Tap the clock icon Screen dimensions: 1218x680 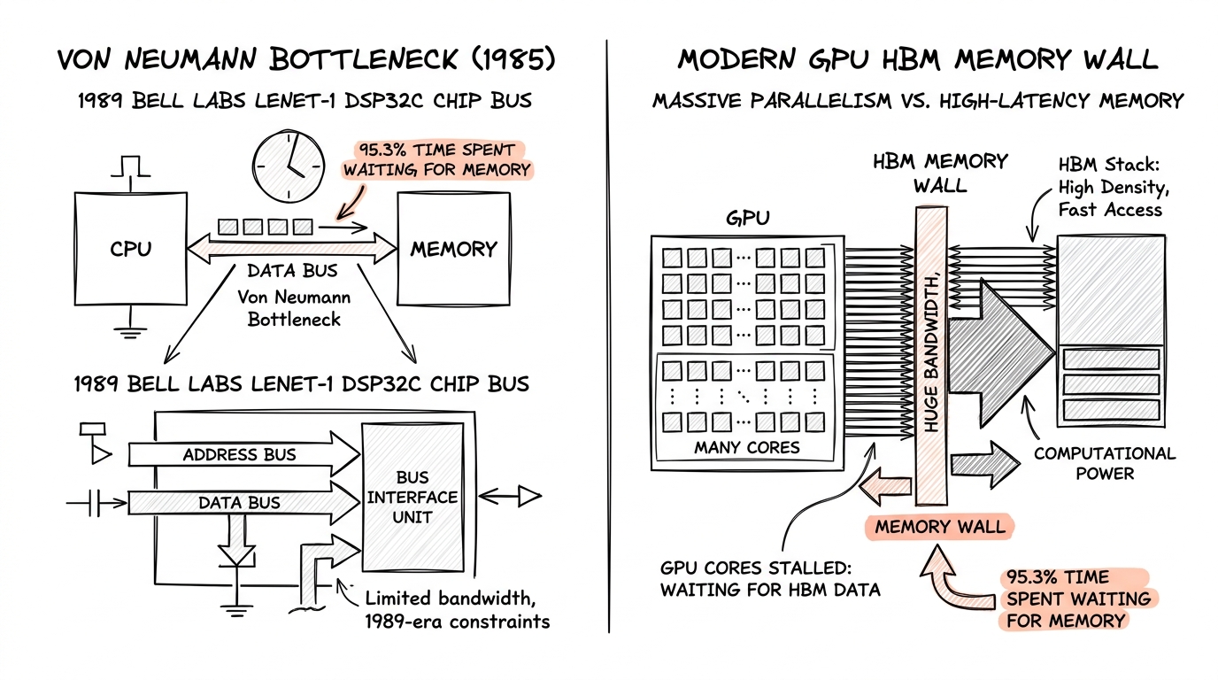(x=289, y=166)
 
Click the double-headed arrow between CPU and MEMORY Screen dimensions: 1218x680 (x=292, y=249)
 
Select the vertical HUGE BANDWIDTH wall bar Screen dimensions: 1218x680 (x=931, y=356)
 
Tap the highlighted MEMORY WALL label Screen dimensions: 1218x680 (x=939, y=527)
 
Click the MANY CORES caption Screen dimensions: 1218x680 (x=746, y=447)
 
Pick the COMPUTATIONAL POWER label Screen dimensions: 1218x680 (x=1105, y=463)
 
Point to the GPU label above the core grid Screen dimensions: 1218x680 (x=748, y=218)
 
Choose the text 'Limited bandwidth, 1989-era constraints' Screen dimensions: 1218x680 (x=457, y=610)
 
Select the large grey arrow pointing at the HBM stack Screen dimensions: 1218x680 (x=1000, y=353)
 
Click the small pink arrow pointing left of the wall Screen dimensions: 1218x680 (x=885, y=485)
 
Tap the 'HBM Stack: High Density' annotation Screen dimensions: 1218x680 (x=1114, y=187)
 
